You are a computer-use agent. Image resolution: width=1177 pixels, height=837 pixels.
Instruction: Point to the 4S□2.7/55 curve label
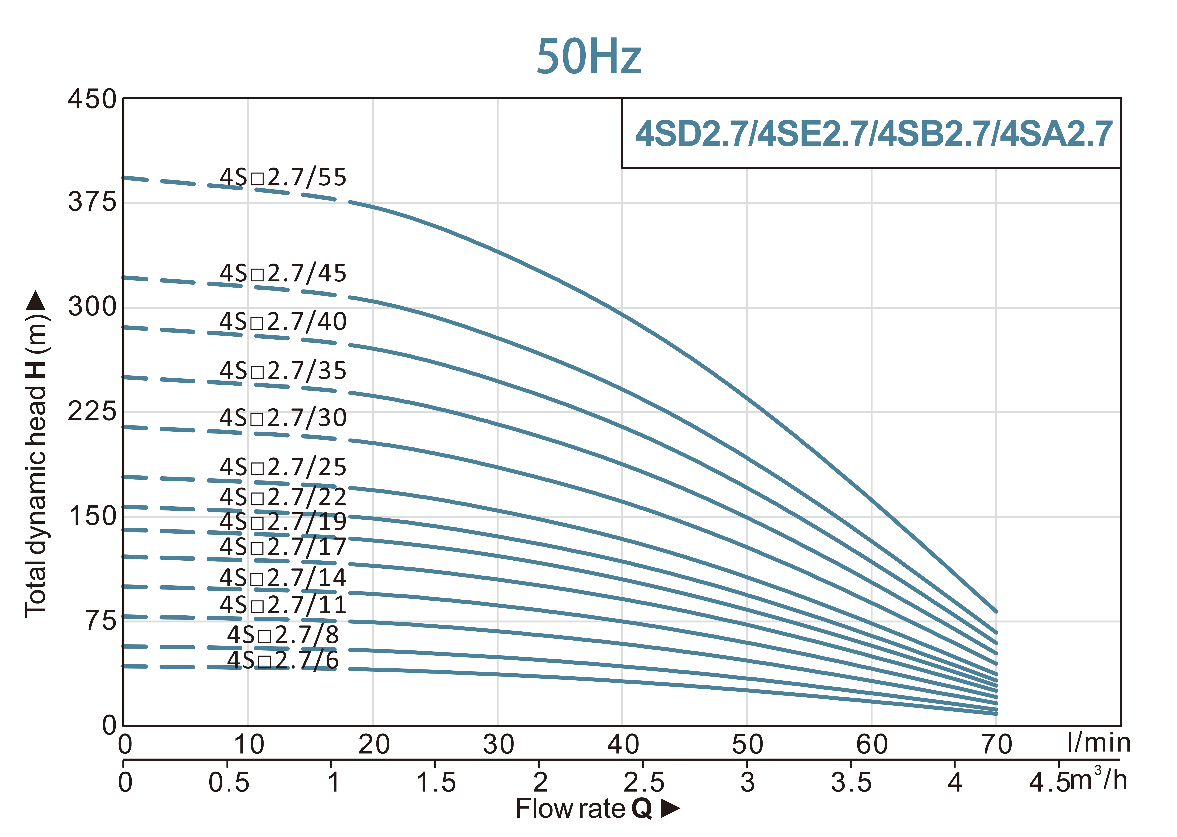coord(283,177)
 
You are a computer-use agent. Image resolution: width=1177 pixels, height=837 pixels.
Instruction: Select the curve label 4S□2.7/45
coord(283,273)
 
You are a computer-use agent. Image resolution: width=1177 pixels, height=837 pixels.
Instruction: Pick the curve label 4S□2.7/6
coord(283,660)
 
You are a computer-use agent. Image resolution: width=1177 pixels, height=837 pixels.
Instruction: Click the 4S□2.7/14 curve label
coord(283,578)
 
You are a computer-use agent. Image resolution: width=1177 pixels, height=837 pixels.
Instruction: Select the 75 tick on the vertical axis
coord(101,621)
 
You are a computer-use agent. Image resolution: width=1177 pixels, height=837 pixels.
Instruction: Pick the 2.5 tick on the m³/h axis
coord(643,782)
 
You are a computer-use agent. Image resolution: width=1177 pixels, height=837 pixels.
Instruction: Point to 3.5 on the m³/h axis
coord(851,782)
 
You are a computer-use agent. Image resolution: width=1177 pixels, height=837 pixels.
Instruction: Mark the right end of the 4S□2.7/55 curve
coord(996,612)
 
